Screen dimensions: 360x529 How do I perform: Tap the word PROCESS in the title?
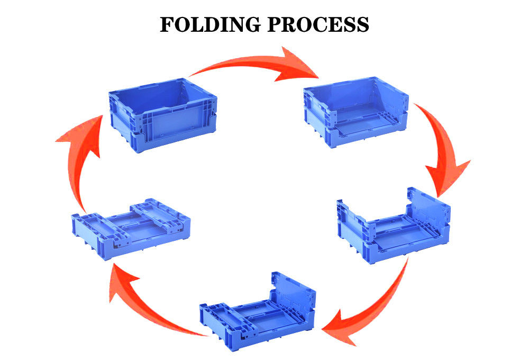click(316, 24)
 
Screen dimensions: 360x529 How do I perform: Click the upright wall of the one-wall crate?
click(294, 296)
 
